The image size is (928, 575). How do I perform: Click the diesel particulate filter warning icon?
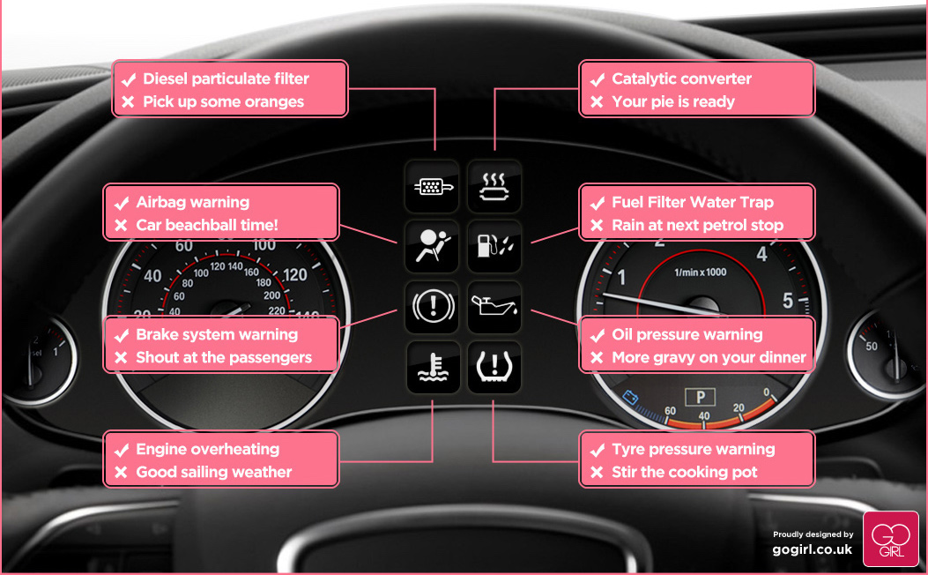pyautogui.click(x=432, y=186)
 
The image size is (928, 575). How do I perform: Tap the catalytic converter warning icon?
pyautogui.click(x=494, y=186)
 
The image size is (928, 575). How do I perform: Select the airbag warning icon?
pyautogui.click(x=432, y=246)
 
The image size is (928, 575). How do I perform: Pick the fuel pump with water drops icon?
pyautogui.click(x=494, y=246)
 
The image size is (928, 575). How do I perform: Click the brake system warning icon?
pyautogui.click(x=432, y=307)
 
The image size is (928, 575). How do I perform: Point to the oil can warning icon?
pyautogui.click(x=494, y=307)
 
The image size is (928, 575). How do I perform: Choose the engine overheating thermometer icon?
pyautogui.click(x=432, y=367)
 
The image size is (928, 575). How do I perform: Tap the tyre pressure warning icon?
pyautogui.click(x=494, y=367)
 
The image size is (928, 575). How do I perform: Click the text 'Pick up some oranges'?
pyautogui.click(x=223, y=101)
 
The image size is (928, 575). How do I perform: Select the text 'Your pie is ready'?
pyautogui.click(x=672, y=101)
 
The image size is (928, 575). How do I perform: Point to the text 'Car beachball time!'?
pyautogui.click(x=207, y=225)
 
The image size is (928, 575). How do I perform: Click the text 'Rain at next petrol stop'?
pyautogui.click(x=697, y=225)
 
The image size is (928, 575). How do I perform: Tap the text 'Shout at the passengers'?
pyautogui.click(x=224, y=357)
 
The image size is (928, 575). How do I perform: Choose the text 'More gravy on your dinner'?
pyautogui.click(x=709, y=357)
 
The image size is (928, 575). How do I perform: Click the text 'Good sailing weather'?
pyautogui.click(x=213, y=472)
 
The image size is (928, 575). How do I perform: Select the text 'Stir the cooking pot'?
pyautogui.click(x=685, y=472)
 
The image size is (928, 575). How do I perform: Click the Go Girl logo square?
pyautogui.click(x=889, y=539)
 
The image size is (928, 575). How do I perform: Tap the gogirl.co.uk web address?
pyautogui.click(x=813, y=549)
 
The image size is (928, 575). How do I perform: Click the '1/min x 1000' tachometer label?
pyautogui.click(x=700, y=272)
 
